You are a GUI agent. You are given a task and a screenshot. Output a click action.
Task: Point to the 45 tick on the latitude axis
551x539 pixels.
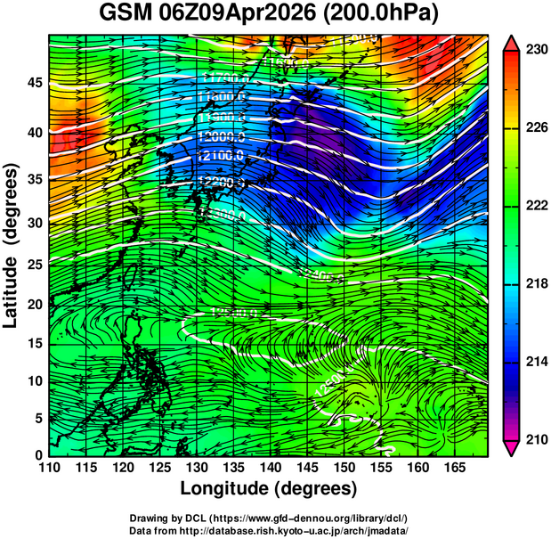[33, 83]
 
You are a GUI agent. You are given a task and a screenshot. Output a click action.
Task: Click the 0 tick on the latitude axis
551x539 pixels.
[37, 454]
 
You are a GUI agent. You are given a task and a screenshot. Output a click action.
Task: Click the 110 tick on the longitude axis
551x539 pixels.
[49, 468]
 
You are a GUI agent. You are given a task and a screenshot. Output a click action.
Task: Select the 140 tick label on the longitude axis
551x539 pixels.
[270, 468]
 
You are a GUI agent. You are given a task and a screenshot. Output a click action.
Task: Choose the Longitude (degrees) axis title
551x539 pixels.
[269, 489]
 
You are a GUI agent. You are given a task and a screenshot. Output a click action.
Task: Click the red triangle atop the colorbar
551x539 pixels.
[512, 43]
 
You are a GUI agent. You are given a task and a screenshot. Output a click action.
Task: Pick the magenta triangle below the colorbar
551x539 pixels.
[512, 448]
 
